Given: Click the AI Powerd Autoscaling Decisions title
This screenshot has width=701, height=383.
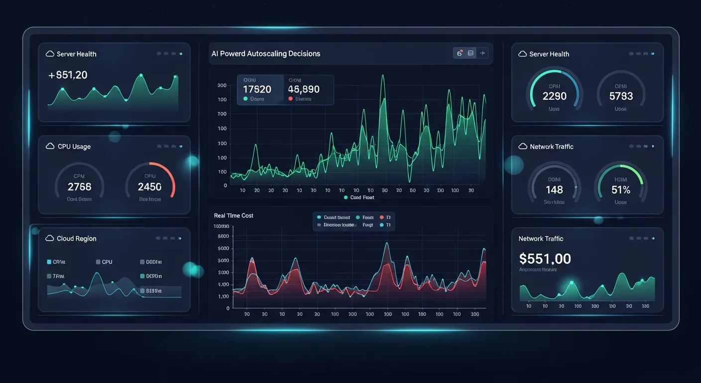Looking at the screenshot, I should click(265, 53).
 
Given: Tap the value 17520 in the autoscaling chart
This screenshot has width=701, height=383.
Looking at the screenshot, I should click(257, 89).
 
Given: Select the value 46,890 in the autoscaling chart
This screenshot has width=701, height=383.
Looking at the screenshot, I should click(304, 89).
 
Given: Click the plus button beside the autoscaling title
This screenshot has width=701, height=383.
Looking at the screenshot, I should click(482, 53).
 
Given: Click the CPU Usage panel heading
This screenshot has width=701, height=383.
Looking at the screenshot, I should click(74, 147).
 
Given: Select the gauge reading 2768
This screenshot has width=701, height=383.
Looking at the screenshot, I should click(79, 187).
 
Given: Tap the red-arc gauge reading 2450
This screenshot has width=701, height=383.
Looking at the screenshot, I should click(149, 187).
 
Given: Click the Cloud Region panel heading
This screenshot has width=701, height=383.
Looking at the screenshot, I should click(76, 238).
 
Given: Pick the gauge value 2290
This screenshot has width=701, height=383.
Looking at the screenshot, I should click(554, 96).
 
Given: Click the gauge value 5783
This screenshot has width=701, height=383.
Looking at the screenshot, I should click(621, 96).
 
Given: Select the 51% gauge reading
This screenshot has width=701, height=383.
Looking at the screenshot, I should click(621, 190).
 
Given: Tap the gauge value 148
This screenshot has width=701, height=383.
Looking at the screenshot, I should click(554, 190).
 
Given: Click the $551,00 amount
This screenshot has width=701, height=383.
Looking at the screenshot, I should click(545, 258).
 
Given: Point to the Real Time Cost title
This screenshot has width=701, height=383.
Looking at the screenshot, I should click(234, 215).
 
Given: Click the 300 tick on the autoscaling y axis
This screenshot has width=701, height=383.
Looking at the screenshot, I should click(222, 85).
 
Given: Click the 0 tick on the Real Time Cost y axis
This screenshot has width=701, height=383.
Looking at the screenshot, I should click(228, 308).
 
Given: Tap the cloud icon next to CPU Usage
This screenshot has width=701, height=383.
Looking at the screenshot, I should click(50, 146).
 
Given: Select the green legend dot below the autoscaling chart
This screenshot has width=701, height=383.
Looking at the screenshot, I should click(346, 197).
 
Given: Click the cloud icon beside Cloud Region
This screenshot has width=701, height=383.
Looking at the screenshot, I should click(49, 238).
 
